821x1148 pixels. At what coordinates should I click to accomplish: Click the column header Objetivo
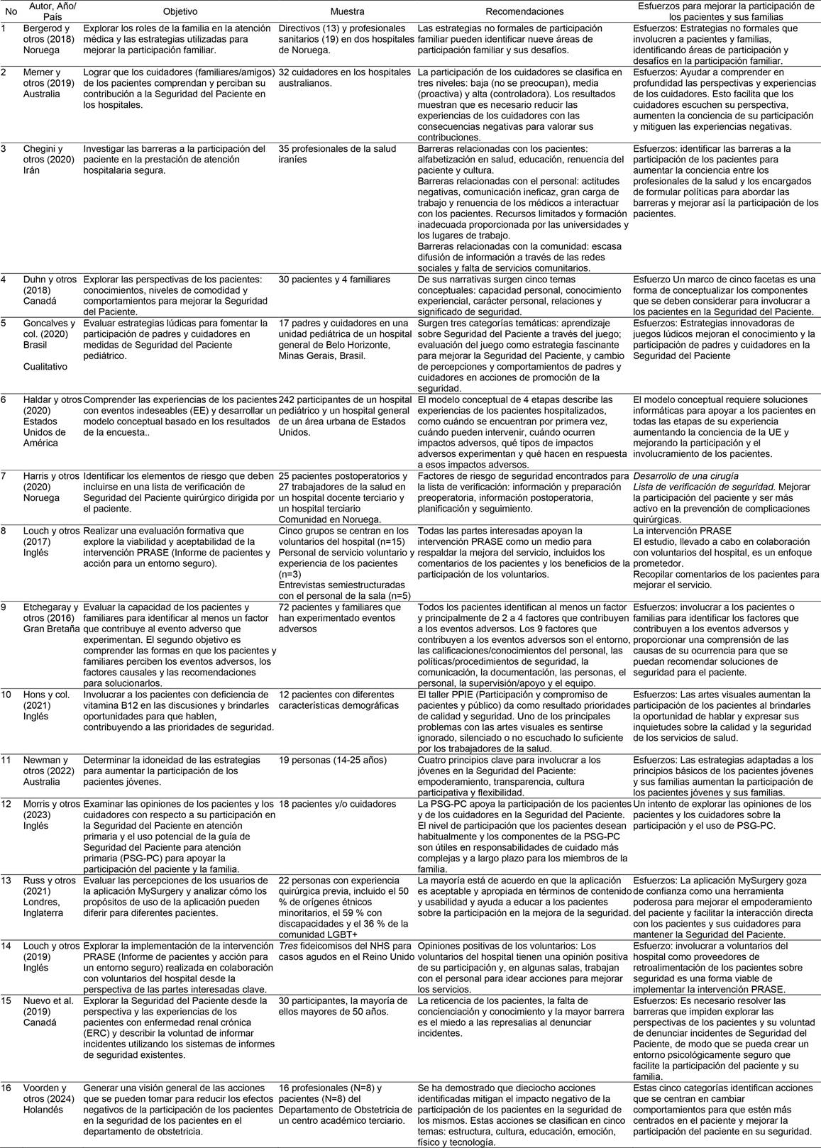click(x=180, y=11)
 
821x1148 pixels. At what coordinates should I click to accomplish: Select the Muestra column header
click(x=348, y=11)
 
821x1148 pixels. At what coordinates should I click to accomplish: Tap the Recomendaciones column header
click(x=524, y=11)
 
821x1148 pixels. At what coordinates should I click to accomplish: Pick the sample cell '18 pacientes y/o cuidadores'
click(x=337, y=804)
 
